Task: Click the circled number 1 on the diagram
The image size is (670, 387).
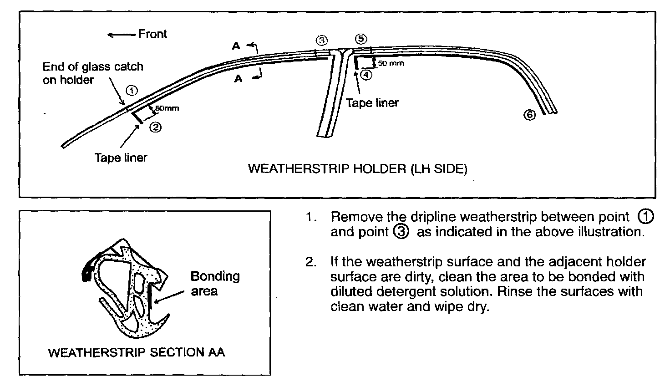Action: pyautogui.click(x=131, y=90)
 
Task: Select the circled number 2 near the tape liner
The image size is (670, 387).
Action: pyautogui.click(x=155, y=127)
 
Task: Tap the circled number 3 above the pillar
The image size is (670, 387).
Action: pyautogui.click(x=321, y=40)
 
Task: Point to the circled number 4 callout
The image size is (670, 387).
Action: pyautogui.click(x=366, y=75)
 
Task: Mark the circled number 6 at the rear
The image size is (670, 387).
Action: pyautogui.click(x=529, y=115)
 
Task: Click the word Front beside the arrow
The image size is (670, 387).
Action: pyautogui.click(x=152, y=34)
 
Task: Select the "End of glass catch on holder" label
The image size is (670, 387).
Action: pyautogui.click(x=92, y=73)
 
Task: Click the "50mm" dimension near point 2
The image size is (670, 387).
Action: pyautogui.click(x=167, y=108)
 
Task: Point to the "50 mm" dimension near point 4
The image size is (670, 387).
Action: pyautogui.click(x=391, y=63)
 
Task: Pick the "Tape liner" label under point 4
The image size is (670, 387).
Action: pyautogui.click(x=372, y=103)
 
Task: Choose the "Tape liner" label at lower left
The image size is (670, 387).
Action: pyautogui.click(x=121, y=158)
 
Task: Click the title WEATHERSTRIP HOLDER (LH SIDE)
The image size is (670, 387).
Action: pyautogui.click(x=357, y=169)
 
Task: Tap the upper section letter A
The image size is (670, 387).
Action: pyautogui.click(x=236, y=46)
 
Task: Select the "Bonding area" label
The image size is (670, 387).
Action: pyautogui.click(x=215, y=283)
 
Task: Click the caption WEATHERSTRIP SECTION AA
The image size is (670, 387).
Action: pyautogui.click(x=137, y=352)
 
